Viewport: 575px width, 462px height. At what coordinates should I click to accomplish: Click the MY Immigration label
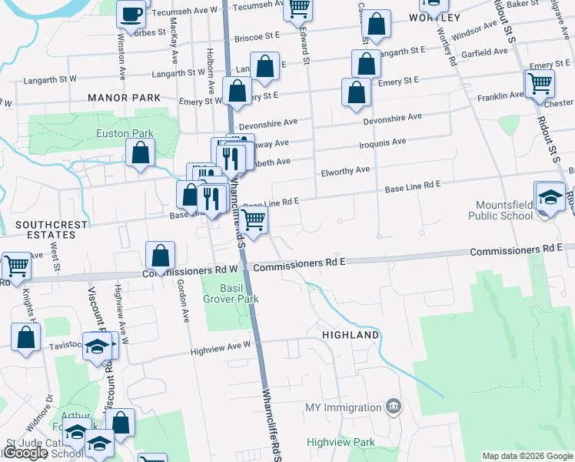[x=343, y=407]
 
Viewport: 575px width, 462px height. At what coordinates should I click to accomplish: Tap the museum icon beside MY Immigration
[x=393, y=405]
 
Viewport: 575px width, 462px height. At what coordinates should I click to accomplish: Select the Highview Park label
[x=341, y=442]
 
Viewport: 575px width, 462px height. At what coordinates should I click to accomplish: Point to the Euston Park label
[x=125, y=133]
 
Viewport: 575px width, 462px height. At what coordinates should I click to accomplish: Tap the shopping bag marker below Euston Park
[x=141, y=153]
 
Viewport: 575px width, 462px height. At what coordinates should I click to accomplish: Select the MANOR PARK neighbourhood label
[x=124, y=98]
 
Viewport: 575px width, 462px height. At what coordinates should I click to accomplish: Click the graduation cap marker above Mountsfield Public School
[x=550, y=196]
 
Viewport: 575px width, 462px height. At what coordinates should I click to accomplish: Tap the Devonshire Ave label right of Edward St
[x=393, y=117]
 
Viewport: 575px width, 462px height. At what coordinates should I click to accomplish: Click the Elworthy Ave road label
[x=346, y=169]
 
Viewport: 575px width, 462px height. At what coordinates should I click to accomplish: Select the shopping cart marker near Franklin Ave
[x=540, y=83]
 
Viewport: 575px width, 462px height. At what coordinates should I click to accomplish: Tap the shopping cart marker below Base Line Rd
[x=253, y=220]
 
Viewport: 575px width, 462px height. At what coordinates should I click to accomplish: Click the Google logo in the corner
[x=25, y=453]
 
